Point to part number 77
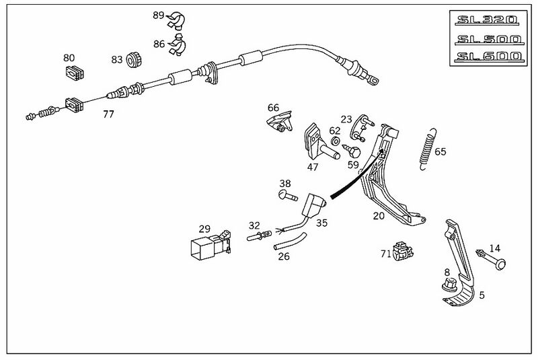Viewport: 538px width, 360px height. pyautogui.click(x=108, y=114)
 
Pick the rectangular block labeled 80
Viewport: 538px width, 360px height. pyautogui.click(x=73, y=73)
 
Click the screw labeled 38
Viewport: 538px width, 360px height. pyautogui.click(x=288, y=196)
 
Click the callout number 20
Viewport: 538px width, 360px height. pyautogui.click(x=379, y=217)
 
